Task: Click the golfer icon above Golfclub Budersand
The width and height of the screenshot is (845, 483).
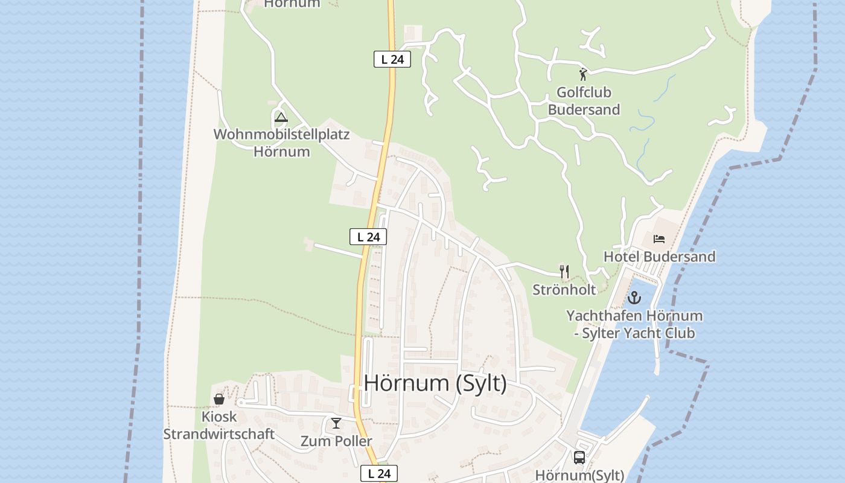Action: coord(583,74)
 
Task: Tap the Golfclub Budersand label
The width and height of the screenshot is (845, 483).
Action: coord(584,101)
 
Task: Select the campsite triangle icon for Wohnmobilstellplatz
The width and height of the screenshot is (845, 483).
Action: coord(281,117)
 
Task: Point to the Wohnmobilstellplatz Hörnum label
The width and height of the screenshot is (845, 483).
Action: coord(282,143)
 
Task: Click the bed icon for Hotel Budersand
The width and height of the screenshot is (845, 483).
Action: coord(659,239)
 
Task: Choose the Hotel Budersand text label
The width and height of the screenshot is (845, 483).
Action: coord(659,257)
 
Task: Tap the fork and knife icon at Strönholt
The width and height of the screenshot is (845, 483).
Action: coord(564,272)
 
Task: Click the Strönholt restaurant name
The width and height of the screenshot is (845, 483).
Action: coord(564,290)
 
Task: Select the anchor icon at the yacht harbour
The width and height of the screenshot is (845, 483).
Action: coord(634,298)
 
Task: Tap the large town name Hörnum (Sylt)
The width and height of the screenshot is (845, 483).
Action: coord(435,383)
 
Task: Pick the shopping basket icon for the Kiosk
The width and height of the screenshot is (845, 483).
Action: coord(219,399)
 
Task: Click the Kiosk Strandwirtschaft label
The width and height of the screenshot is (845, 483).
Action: coord(219,426)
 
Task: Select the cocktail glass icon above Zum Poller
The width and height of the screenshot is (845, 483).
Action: coord(336,423)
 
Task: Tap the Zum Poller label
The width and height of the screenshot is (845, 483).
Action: coord(336,441)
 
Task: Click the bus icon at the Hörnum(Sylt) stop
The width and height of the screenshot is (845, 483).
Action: coord(579,458)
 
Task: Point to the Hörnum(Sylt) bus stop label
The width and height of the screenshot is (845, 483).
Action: coord(579,475)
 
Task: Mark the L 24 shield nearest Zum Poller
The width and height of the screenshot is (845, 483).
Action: coord(380,473)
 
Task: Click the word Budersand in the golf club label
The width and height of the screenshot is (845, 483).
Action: coord(584,110)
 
